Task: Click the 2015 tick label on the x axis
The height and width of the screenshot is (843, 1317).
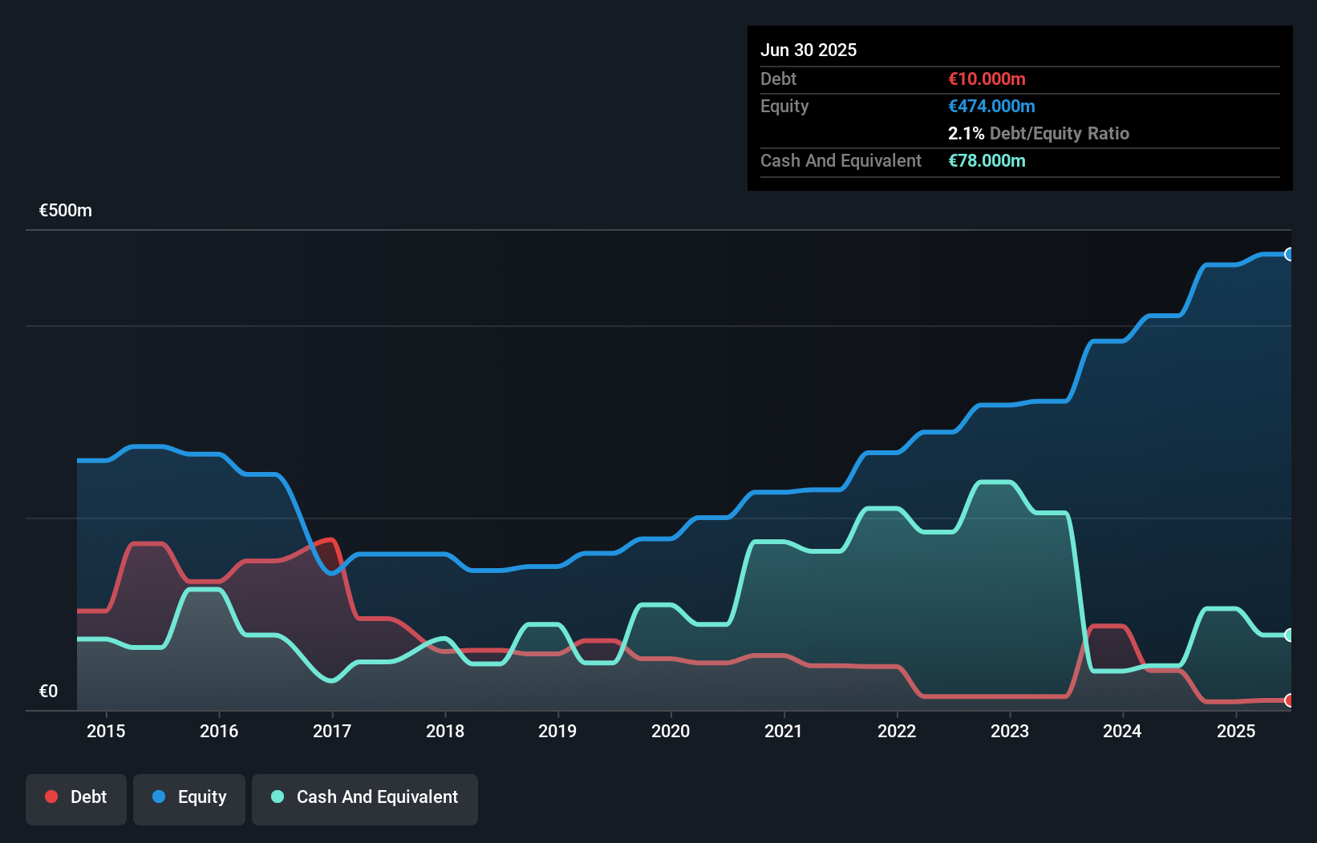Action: tap(106, 731)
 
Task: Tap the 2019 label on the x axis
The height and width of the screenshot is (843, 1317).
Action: tap(557, 731)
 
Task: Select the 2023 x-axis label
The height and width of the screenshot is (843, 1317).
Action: tap(1009, 731)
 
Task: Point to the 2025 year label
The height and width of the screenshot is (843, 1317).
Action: tap(1235, 731)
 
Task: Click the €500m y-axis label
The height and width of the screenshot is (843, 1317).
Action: tap(66, 211)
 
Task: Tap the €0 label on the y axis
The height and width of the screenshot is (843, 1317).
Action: tap(48, 691)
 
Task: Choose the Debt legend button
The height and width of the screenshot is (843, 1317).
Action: tap(76, 797)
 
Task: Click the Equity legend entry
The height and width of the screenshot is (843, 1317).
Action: tap(189, 797)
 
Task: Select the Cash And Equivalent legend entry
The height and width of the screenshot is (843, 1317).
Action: tap(365, 797)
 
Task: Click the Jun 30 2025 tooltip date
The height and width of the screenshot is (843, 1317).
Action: tap(808, 50)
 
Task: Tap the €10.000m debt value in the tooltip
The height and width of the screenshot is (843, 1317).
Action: tap(987, 79)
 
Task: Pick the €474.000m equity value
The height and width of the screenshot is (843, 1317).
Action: tap(991, 106)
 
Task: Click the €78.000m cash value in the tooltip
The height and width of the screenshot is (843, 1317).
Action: tap(987, 160)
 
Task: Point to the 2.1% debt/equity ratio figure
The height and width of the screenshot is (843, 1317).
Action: tap(966, 133)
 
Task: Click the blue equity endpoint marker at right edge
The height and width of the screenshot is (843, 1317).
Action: tap(1289, 254)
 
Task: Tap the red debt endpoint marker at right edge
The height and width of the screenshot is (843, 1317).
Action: tap(1289, 700)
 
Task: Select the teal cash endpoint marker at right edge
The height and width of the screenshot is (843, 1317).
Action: tap(1289, 635)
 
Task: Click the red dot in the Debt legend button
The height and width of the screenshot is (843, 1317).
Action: tap(51, 797)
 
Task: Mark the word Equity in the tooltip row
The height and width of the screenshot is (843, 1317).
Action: tap(784, 106)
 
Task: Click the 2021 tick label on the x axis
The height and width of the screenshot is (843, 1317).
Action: tap(783, 731)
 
